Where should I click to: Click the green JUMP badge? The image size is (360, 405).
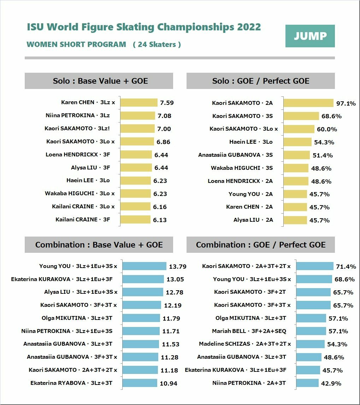(310, 36)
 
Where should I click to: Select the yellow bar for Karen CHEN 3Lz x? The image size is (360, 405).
(139, 102)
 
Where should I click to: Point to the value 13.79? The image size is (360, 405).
(178, 267)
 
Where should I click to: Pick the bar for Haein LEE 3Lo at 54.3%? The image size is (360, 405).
(297, 142)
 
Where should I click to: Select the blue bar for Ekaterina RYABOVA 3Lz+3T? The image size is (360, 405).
(140, 383)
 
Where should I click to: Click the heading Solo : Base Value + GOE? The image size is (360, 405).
(99, 81)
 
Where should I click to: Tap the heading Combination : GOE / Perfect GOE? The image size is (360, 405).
(261, 245)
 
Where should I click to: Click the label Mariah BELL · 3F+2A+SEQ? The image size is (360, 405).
(249, 331)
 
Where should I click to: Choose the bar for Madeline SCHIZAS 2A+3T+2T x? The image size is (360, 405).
(310, 344)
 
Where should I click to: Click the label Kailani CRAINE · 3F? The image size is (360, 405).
(83, 219)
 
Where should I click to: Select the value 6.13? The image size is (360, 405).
(160, 220)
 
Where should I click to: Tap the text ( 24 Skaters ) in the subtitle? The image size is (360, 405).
(157, 44)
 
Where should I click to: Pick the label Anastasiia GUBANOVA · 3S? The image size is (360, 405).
(235, 155)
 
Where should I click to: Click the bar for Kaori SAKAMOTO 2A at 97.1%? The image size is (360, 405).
(308, 103)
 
